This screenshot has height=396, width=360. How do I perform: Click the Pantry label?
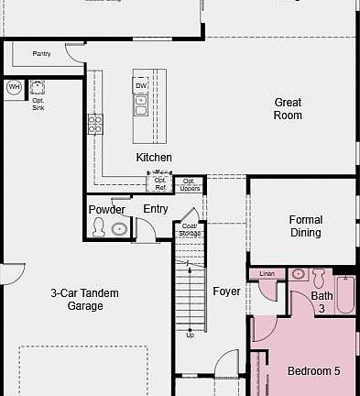click(x=41, y=54)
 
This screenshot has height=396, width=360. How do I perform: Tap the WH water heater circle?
click(x=14, y=87)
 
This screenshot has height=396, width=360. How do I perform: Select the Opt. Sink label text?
click(x=38, y=104)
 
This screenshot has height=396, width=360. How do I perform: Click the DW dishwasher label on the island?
click(x=141, y=85)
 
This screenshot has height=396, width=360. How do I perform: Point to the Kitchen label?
click(x=154, y=158)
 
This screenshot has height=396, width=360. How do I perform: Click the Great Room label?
click(x=288, y=109)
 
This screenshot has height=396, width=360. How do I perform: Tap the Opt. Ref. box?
click(x=160, y=184)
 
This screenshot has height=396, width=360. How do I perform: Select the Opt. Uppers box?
click(x=190, y=184)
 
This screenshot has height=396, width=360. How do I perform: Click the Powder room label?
click(x=107, y=210)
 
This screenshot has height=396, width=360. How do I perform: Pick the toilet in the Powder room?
click(x=119, y=229)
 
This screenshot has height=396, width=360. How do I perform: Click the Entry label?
click(x=156, y=209)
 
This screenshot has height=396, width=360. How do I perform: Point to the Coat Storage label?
click(x=190, y=229)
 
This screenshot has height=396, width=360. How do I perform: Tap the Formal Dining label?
click(x=305, y=226)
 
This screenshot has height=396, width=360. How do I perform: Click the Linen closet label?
click(x=267, y=274)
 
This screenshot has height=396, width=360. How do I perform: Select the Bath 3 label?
click(x=322, y=302)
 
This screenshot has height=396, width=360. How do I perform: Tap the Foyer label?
click(x=226, y=291)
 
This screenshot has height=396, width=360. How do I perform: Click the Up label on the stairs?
click(x=191, y=335)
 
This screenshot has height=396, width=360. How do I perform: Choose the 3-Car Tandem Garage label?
click(x=84, y=300)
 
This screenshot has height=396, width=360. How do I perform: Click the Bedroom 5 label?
click(x=313, y=371)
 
